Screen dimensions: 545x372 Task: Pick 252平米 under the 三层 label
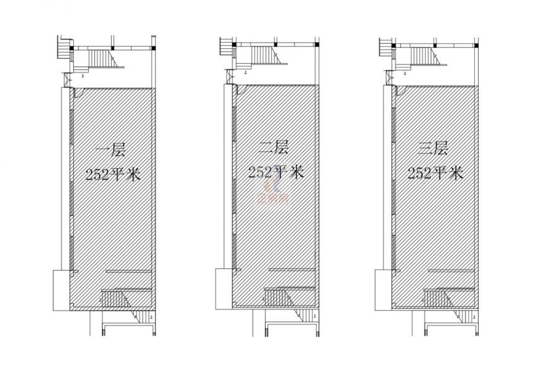435,172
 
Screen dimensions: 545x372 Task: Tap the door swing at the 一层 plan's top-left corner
79,94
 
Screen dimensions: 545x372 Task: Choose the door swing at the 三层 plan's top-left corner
398,91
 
